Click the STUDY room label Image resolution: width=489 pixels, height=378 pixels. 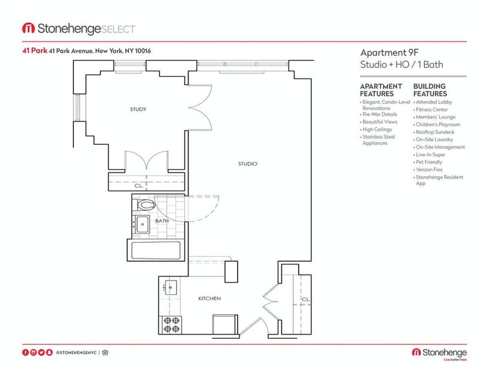[x=138, y=109]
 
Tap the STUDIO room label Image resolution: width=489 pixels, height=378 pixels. [x=247, y=164]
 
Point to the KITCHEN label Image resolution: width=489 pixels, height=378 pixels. [x=209, y=298]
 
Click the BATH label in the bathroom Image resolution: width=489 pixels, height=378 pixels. [x=162, y=221]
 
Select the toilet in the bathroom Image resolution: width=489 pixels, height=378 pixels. [x=144, y=205]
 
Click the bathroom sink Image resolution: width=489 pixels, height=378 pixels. [x=141, y=224]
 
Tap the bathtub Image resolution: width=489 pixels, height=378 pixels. [x=156, y=250]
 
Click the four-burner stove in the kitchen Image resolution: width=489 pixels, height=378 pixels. [x=170, y=325]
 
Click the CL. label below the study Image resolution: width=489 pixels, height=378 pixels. [x=139, y=186]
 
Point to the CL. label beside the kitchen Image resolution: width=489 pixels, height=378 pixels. [x=306, y=299]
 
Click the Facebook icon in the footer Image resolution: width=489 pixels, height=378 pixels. [x=25, y=352]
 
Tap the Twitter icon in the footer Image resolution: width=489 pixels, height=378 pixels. [x=41, y=352]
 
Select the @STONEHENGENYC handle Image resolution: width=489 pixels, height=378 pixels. [x=76, y=353]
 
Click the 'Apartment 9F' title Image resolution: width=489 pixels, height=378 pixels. [x=389, y=53]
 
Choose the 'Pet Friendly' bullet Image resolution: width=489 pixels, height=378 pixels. [x=429, y=162]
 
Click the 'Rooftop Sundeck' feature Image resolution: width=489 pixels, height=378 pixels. [x=435, y=132]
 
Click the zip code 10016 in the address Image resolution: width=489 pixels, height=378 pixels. [x=143, y=51]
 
